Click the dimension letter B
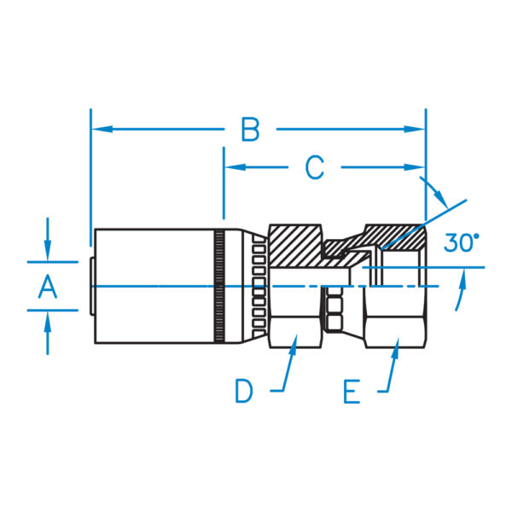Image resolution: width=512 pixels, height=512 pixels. pos(249,130)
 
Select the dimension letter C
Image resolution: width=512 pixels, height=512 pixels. pos(315,168)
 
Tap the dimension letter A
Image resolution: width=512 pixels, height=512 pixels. pos(48,287)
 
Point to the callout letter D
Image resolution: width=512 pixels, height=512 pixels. pos(245,392)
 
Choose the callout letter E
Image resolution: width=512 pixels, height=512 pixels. pos(352,392)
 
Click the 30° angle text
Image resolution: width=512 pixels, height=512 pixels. pos(462,243)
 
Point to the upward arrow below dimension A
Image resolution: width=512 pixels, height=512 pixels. pos(48,321)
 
